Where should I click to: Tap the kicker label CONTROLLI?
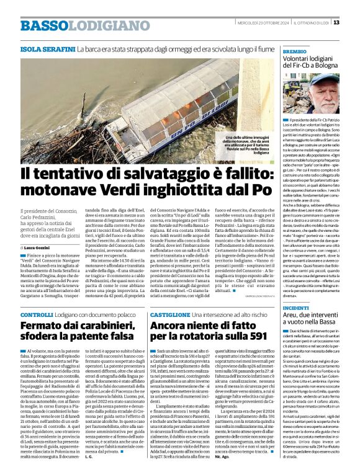point(37,315)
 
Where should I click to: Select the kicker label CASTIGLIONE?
point(168,315)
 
